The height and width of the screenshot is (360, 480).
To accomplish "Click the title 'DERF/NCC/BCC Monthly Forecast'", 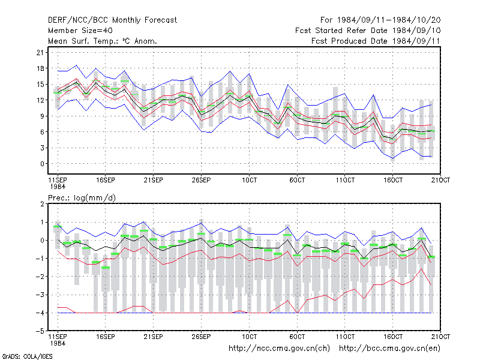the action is (x=112, y=20).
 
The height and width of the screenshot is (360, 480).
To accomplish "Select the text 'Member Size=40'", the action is (x=80, y=31).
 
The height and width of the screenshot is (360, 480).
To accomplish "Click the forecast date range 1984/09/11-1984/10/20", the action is (x=380, y=20).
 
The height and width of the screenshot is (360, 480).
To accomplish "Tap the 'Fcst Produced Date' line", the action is (x=376, y=41).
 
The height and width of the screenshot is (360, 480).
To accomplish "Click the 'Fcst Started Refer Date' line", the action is (x=368, y=31).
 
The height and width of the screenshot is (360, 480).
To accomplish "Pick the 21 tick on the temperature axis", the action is (x=40, y=52).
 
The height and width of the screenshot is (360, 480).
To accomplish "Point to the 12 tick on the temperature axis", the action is (x=40, y=100).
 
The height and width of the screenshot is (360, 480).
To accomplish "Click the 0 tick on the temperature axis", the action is (x=42, y=164).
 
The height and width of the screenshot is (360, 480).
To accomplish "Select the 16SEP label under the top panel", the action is (x=106, y=180).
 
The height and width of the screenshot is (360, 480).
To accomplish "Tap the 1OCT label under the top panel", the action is (x=249, y=180).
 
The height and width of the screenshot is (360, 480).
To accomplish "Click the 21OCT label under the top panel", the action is (x=440, y=180).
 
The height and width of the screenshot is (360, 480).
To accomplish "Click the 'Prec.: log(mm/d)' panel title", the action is (x=82, y=198).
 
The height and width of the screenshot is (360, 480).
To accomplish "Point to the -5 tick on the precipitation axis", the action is (x=40, y=331).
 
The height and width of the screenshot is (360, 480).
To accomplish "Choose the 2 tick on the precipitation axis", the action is (x=42, y=204).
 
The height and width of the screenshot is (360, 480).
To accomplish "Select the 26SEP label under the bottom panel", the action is (x=201, y=337).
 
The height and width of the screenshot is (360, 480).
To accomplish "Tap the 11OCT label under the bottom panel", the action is (x=345, y=337).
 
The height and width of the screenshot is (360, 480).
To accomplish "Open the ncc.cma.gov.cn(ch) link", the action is (x=279, y=349).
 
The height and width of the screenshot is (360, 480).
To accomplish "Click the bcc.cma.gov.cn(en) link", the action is (x=389, y=349).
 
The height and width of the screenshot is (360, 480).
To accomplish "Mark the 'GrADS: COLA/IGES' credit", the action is (x=28, y=356).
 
